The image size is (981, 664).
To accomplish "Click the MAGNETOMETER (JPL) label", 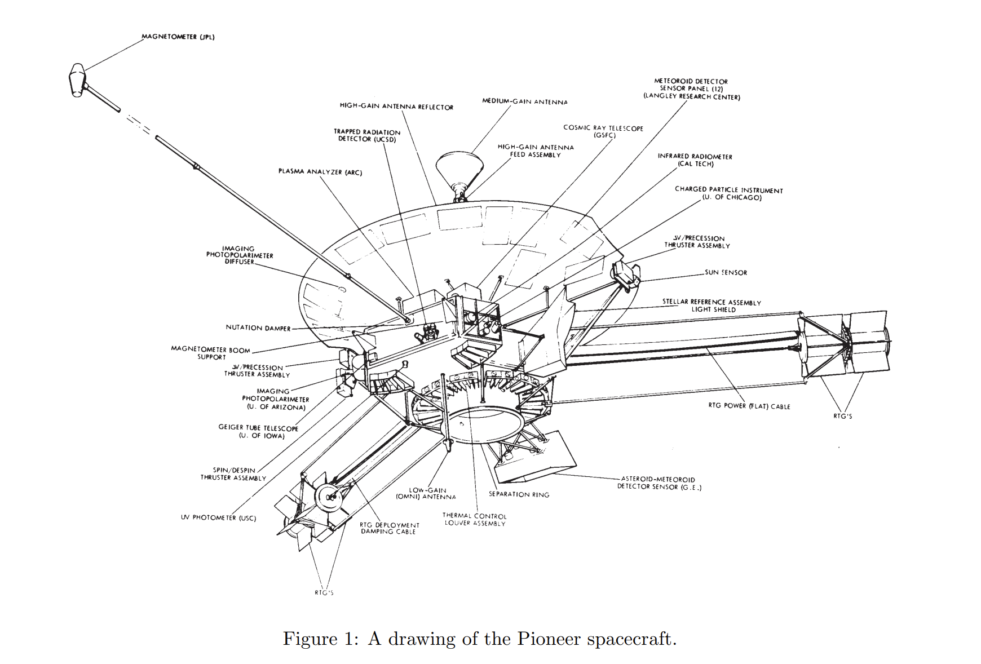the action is pyautogui.click(x=178, y=37).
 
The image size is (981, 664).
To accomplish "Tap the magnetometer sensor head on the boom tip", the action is pyautogui.click(x=77, y=81).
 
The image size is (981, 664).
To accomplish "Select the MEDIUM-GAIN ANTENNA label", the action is pyautogui.click(x=525, y=101).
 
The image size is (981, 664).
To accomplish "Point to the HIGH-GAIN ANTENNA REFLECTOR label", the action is pyautogui.click(x=396, y=107).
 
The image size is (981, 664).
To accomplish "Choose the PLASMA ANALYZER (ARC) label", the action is pyautogui.click(x=320, y=172).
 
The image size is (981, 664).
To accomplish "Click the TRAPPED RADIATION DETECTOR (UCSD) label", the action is pyautogui.click(x=367, y=135).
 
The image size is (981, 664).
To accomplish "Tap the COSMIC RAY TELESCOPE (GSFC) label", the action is pyautogui.click(x=603, y=131).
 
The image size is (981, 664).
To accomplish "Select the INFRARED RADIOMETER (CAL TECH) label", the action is pyautogui.click(x=695, y=160).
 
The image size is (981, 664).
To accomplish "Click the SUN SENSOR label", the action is pyautogui.click(x=726, y=272).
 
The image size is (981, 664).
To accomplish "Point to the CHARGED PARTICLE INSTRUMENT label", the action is pyautogui.click(x=729, y=193).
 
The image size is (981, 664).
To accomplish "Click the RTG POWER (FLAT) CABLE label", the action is pyautogui.click(x=749, y=406).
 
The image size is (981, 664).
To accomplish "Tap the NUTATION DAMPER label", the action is pyautogui.click(x=258, y=327).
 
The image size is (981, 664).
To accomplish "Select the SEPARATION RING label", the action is pyautogui.click(x=519, y=494).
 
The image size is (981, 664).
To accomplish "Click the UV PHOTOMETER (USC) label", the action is pyautogui.click(x=218, y=517).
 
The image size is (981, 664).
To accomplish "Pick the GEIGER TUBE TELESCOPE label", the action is pyautogui.click(x=258, y=432).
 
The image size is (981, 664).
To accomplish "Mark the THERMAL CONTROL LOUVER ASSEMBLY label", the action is pyautogui.click(x=474, y=520).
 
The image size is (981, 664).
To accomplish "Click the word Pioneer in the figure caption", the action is pyautogui.click(x=548, y=639).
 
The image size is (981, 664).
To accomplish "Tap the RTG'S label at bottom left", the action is pyautogui.click(x=324, y=592).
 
